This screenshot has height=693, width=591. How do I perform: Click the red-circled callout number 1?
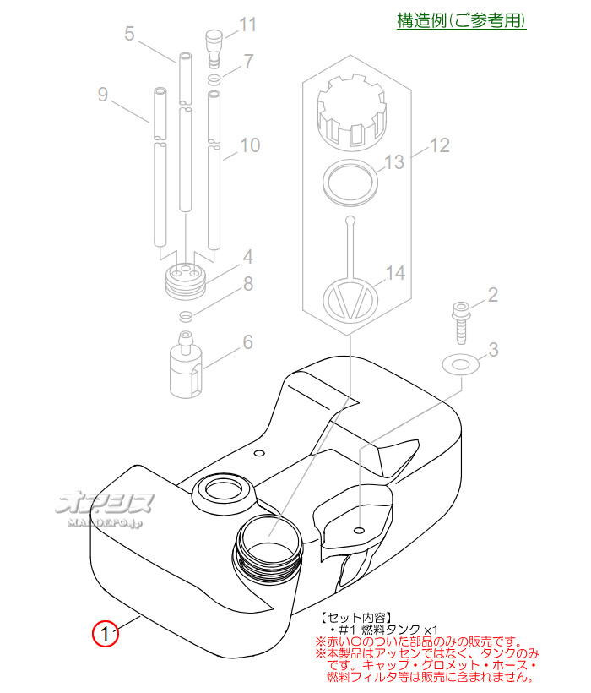click(105, 633)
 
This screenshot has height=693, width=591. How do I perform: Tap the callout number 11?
click(247, 25)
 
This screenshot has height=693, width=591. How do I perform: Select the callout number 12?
click(439, 145)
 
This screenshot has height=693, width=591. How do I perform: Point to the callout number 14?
click(395, 273)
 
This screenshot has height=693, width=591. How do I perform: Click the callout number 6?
click(248, 342)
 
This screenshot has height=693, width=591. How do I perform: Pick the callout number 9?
click(103, 95)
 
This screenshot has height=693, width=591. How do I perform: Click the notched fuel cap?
click(352, 111)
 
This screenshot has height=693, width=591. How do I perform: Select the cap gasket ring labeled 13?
click(350, 182)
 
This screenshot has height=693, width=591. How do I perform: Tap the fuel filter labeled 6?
click(186, 365)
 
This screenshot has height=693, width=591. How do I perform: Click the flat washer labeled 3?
click(461, 364)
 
